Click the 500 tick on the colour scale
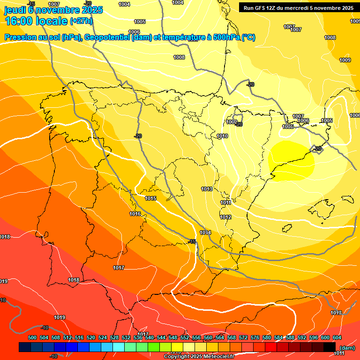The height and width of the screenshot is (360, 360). pos(32,337)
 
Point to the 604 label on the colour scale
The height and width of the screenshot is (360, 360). pos(337,337)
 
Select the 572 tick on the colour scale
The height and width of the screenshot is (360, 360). pos(243,337)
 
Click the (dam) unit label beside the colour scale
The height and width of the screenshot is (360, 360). pos(347,348)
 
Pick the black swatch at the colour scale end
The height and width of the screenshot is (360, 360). pos(330,347)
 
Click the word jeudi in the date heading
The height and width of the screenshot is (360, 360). pos(14,9)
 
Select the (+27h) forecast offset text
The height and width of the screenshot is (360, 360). pos(81,21)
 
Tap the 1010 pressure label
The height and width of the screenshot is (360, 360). pos(223,136)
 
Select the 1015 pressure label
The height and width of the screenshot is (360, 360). pos(150,198)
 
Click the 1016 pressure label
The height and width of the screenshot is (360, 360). pos(135,214)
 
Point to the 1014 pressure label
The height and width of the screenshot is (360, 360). pos(205,232)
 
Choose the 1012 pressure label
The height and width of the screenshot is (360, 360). pos(226,217)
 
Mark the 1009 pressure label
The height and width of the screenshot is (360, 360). pos(345,60)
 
